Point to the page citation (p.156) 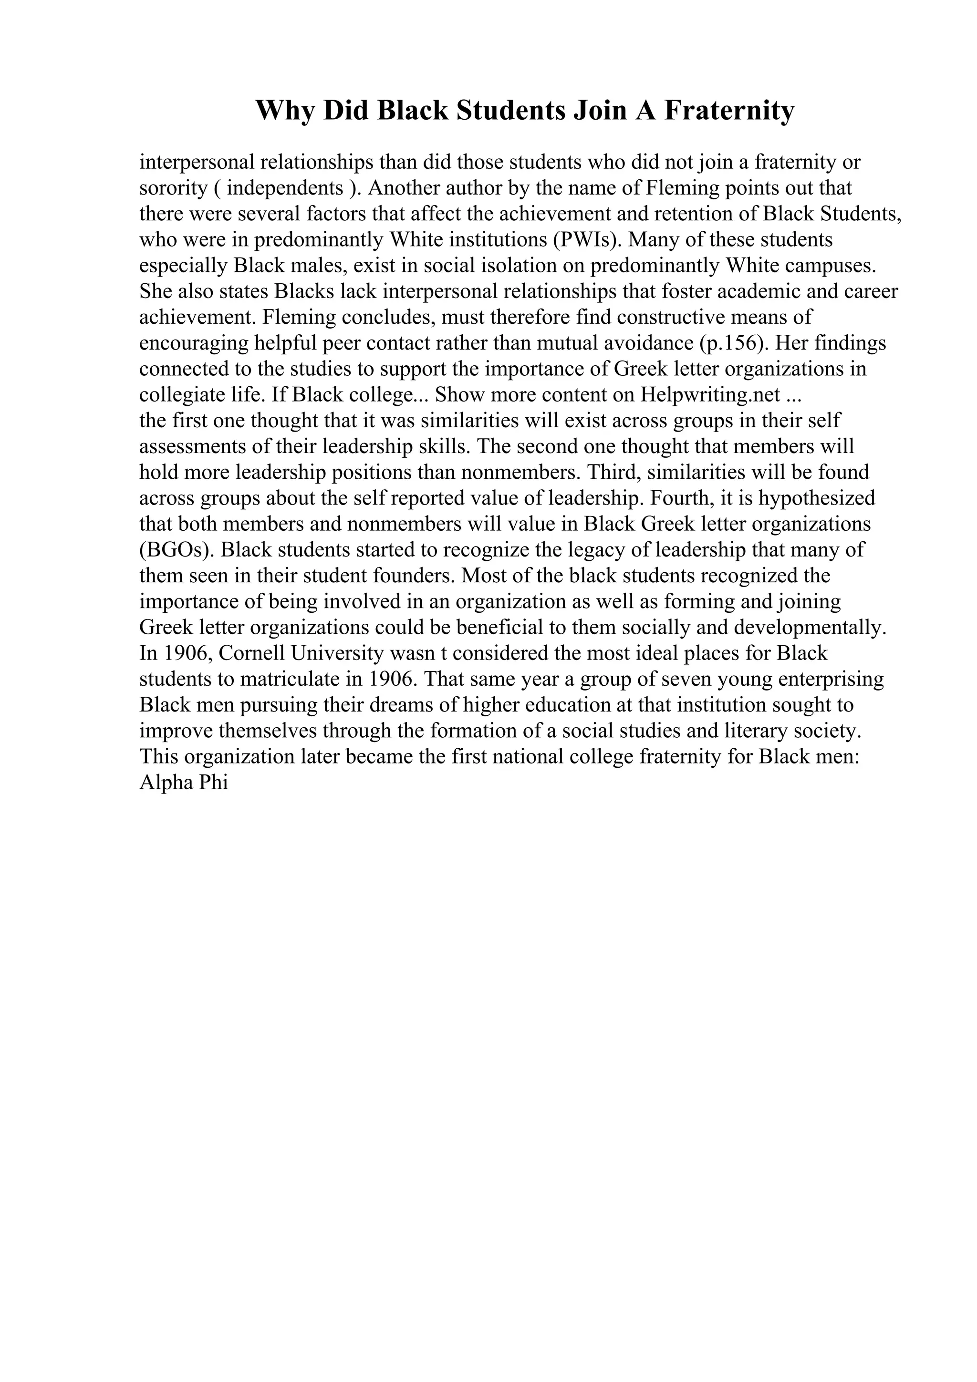pos(733,343)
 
